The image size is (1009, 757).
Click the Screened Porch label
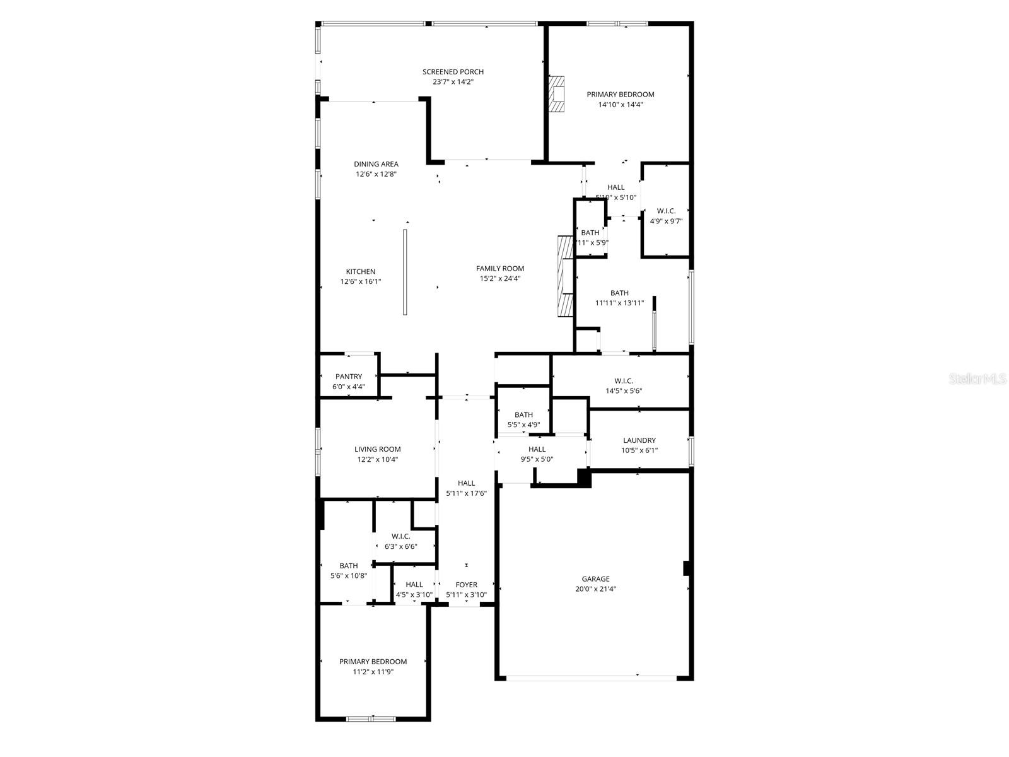point(453,72)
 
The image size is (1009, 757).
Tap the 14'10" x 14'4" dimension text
point(621,105)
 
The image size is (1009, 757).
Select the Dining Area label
point(376,164)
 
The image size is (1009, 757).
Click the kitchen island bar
point(405,272)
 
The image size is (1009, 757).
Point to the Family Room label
point(499,268)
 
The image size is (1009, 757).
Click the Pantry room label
point(349,377)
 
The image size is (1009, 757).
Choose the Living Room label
point(377,449)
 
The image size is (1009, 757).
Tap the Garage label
point(595,578)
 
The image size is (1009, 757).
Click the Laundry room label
point(639,440)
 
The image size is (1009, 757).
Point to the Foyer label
point(466,585)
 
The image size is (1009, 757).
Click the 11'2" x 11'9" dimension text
point(373,672)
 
